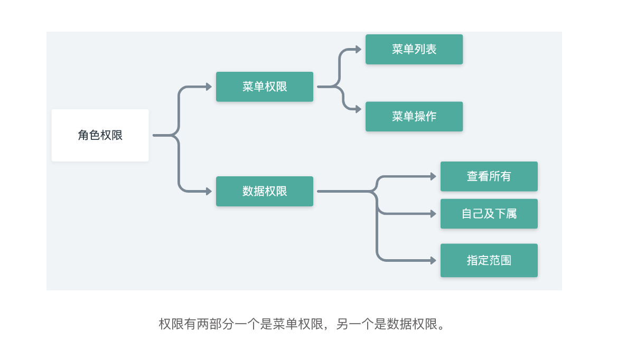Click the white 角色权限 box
click(100, 135)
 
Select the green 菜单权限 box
click(265, 87)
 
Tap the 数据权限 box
click(265, 191)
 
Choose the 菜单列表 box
click(414, 50)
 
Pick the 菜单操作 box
click(414, 117)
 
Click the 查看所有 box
click(489, 176)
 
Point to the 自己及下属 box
click(489, 214)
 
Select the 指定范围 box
click(489, 260)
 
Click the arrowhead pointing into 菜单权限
click(209, 87)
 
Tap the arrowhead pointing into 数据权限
click(209, 191)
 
